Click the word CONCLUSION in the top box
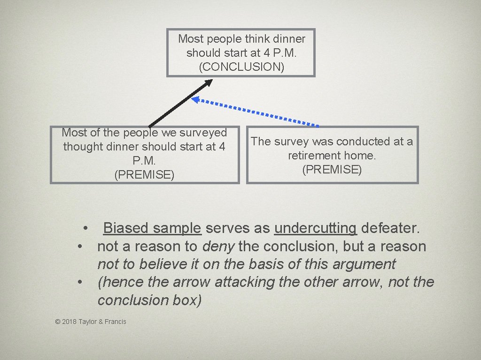coord(241,67)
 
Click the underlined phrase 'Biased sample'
coord(152,228)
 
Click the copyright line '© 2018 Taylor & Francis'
coord(91,322)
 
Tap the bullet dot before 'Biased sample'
coord(86,228)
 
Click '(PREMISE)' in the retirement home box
coord(332,170)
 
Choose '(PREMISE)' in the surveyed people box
coord(144,175)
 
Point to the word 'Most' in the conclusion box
coord(191,38)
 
